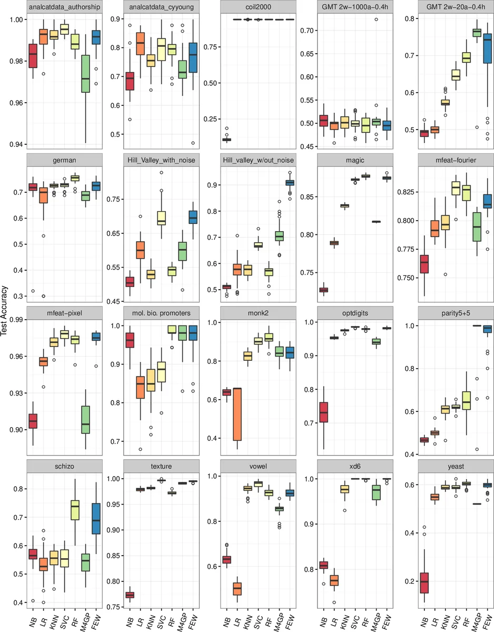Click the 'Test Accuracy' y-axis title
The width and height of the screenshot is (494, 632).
(x=5, y=316)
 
